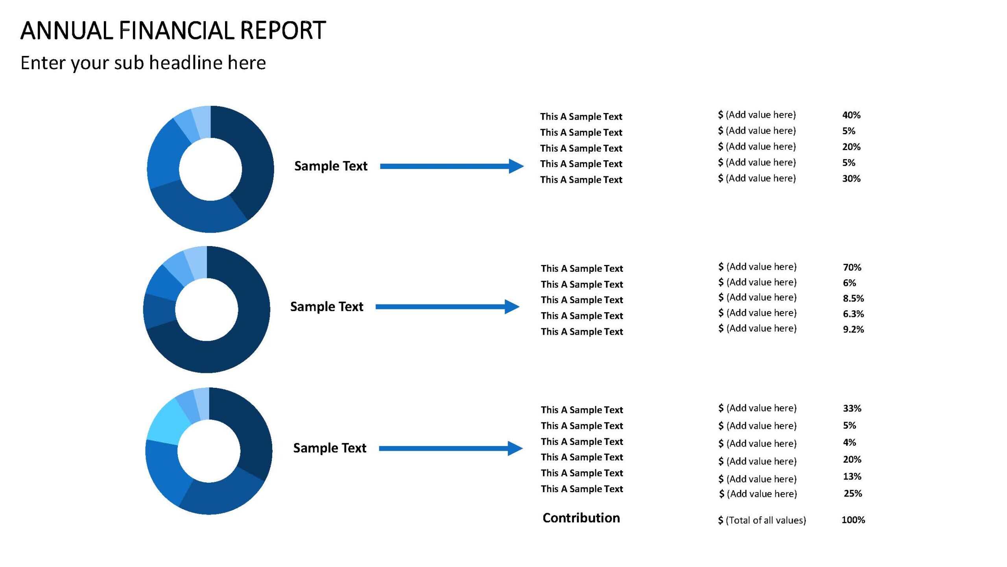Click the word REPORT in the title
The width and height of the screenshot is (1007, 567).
click(282, 30)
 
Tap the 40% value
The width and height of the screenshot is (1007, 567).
click(851, 115)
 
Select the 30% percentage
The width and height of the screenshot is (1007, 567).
click(851, 178)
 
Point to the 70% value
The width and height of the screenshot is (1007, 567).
click(852, 267)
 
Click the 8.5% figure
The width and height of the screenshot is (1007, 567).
click(853, 298)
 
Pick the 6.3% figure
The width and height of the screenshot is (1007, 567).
click(853, 314)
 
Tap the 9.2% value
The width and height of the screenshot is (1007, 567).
click(853, 329)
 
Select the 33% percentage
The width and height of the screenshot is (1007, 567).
click(852, 408)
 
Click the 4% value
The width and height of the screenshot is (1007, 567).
click(849, 442)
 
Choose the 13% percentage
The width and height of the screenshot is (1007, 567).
click(852, 476)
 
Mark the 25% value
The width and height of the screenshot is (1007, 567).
click(853, 493)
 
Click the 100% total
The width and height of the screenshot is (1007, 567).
click(853, 520)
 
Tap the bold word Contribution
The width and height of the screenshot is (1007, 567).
click(581, 518)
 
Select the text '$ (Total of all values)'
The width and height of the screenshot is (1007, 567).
click(762, 520)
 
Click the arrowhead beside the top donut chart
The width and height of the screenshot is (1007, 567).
click(516, 166)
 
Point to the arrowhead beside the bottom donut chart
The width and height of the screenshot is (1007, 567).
click(515, 448)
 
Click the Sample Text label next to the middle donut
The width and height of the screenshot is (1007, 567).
click(326, 306)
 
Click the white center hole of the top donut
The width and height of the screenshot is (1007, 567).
click(210, 169)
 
